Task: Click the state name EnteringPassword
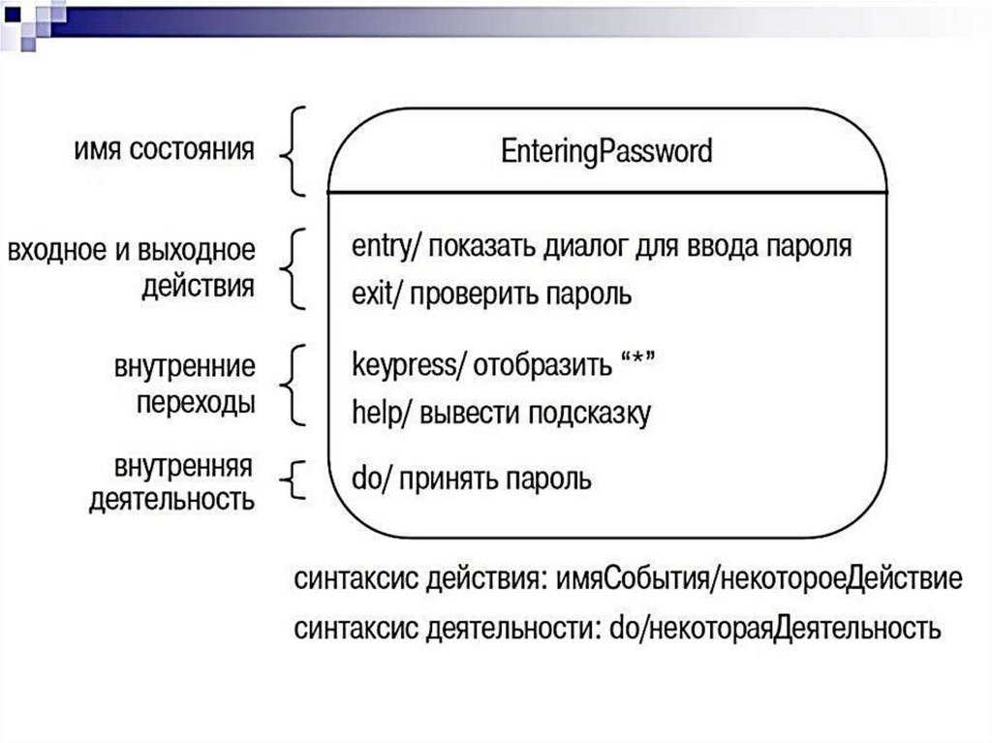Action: tap(607, 153)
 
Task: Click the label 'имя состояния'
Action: tap(164, 152)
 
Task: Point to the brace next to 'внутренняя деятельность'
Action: tap(296, 478)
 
